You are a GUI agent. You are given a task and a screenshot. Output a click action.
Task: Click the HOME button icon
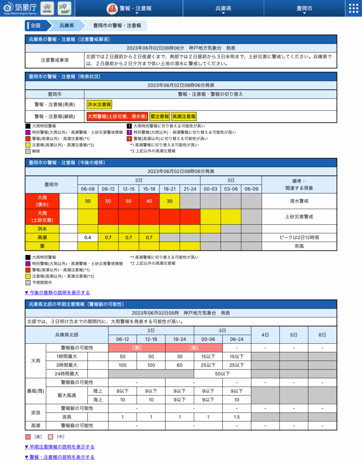(x=47, y=8)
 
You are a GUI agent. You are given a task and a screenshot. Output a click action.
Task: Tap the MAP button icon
(x=64, y=8)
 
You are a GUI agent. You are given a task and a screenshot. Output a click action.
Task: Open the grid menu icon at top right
(x=354, y=8)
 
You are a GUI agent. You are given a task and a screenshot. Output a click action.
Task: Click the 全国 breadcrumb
(x=35, y=25)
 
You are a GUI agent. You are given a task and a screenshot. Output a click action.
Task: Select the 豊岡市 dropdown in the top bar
(x=304, y=8)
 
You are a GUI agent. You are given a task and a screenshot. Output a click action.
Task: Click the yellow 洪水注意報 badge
(x=99, y=105)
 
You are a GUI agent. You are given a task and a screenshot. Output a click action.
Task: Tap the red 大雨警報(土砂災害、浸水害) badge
(x=117, y=117)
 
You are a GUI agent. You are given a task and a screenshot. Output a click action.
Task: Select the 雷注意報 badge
(x=160, y=117)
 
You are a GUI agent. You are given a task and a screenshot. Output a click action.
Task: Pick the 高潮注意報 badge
(x=184, y=117)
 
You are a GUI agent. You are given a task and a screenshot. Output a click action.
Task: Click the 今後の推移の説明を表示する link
(x=57, y=293)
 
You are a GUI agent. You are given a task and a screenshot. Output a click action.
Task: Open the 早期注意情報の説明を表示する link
(x=60, y=447)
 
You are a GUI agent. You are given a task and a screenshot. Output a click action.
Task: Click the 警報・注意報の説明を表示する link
(x=60, y=457)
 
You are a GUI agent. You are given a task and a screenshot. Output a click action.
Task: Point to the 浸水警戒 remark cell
(x=299, y=201)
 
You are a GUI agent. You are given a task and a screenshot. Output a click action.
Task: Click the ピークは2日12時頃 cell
(x=299, y=237)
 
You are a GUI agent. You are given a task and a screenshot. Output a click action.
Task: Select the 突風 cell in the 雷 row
(x=299, y=246)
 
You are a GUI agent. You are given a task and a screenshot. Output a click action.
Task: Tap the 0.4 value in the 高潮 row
(x=88, y=237)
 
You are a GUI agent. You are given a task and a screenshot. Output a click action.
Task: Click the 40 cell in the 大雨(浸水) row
(x=149, y=201)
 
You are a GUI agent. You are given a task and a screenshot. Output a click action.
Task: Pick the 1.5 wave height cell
(x=237, y=417)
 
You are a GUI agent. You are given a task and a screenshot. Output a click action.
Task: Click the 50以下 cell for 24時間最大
(x=222, y=374)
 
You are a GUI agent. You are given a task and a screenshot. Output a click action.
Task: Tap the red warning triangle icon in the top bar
(x=112, y=8)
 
